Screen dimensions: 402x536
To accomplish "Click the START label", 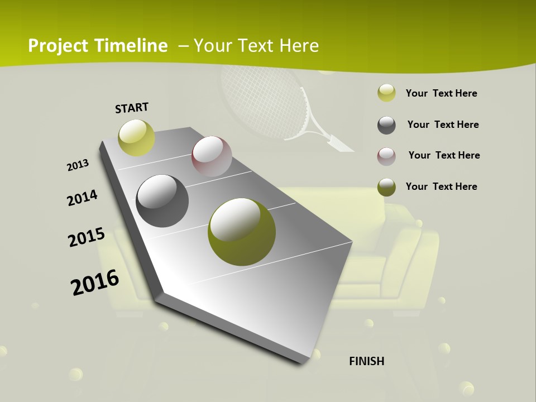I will click(x=132, y=107).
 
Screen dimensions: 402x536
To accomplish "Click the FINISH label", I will click(x=367, y=361).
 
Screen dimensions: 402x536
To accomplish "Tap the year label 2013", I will click(x=78, y=165).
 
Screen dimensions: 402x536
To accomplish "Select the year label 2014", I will click(x=82, y=198).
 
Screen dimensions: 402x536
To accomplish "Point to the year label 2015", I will click(x=87, y=237).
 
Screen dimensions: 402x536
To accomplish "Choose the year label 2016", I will click(x=95, y=283).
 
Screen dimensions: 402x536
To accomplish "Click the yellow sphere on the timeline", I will click(x=136, y=137).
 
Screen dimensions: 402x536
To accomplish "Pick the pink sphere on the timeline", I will click(x=212, y=156).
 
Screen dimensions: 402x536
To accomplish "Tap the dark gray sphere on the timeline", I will click(x=162, y=201).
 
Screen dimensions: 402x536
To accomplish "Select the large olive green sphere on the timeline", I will click(x=241, y=232).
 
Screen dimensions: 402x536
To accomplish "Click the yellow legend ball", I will click(x=386, y=93).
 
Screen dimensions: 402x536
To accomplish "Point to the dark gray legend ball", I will click(x=386, y=125).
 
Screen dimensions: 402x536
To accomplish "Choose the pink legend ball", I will click(x=386, y=156).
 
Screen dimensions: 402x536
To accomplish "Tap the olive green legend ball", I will click(x=386, y=187).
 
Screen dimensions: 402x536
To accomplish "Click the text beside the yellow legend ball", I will click(x=441, y=93).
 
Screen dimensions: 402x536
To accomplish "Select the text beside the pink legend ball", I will click(x=444, y=155).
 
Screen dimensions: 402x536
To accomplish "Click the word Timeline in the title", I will click(x=132, y=46).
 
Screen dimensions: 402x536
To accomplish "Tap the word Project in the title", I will click(x=58, y=46).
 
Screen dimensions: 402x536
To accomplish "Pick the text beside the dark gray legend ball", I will click(x=443, y=125).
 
